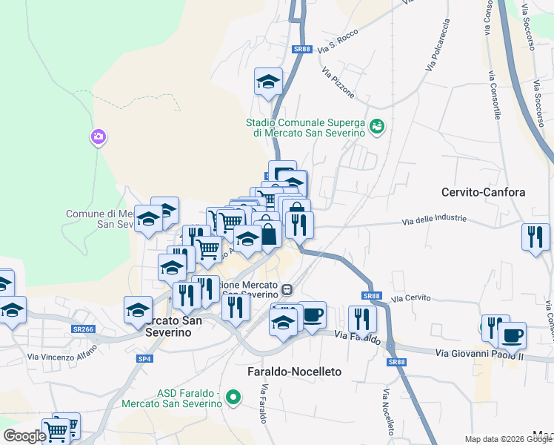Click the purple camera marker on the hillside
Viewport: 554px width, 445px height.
98,137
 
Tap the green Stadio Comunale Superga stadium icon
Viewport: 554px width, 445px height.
377,127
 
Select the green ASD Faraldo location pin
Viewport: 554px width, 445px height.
233,398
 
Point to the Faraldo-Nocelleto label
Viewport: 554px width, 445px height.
293,370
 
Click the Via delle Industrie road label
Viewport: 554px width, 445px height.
435,220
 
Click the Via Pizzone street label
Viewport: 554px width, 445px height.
338,83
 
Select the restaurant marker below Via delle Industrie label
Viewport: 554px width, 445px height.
535,237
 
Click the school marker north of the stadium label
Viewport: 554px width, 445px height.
268,82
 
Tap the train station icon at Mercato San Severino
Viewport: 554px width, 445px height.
287,289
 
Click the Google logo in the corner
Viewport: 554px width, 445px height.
24,436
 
